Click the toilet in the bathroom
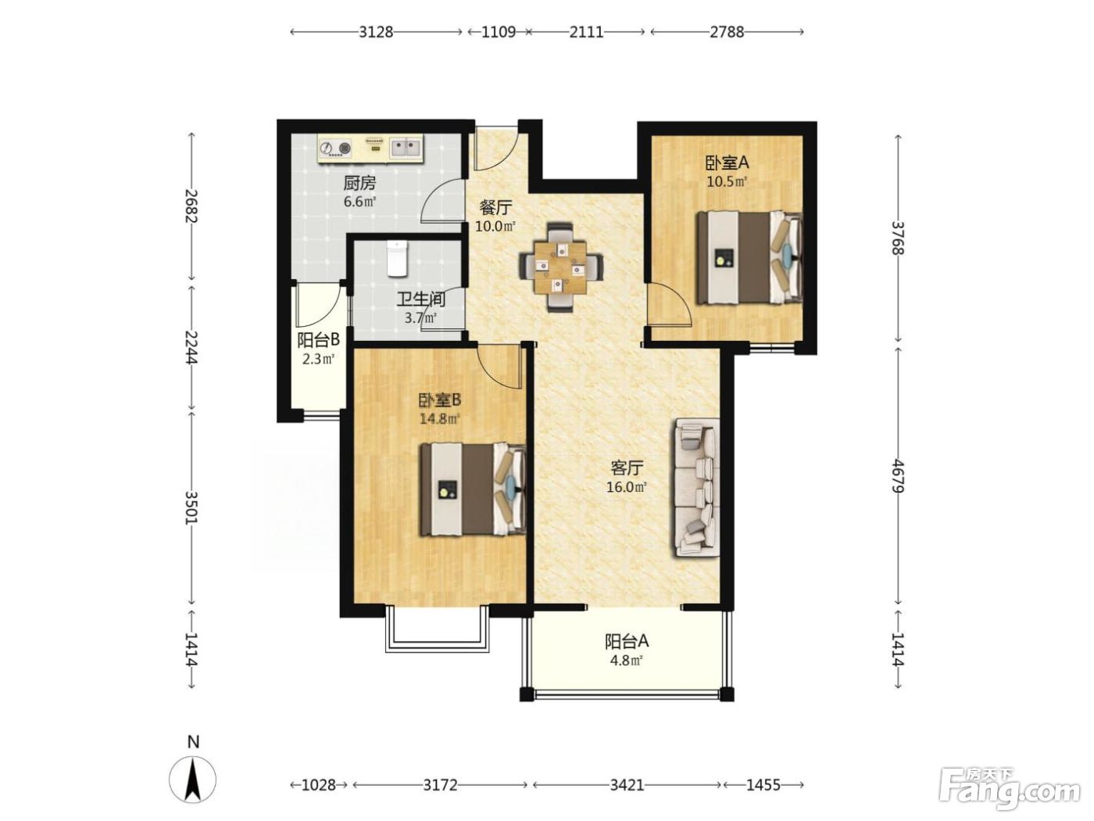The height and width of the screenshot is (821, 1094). [x=397, y=259]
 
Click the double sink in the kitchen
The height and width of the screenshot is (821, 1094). [x=406, y=148]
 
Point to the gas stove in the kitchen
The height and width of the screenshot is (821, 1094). [x=335, y=149]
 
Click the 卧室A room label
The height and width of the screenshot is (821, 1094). [x=728, y=163]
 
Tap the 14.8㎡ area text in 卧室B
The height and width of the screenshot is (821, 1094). [x=439, y=419]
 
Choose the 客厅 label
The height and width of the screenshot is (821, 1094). [x=627, y=468]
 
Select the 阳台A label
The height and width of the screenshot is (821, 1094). [x=627, y=641]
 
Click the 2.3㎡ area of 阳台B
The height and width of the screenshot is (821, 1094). [x=318, y=358]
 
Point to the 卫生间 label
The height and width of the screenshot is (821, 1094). [x=420, y=299]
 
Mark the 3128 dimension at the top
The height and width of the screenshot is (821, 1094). [x=377, y=32]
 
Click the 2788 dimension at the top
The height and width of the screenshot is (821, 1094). [x=727, y=32]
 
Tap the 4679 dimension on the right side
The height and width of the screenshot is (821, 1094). [x=898, y=476]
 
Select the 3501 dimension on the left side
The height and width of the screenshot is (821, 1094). [x=192, y=508]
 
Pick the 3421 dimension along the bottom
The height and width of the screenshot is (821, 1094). [x=627, y=785]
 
